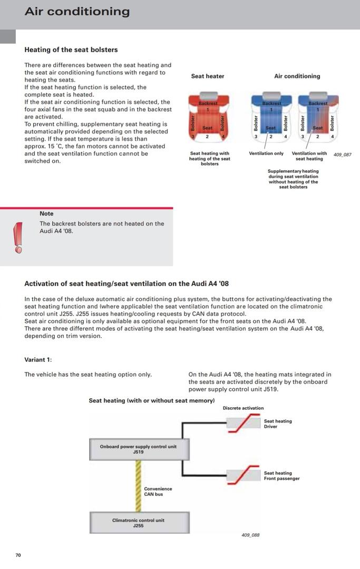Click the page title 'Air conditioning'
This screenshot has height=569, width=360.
77,12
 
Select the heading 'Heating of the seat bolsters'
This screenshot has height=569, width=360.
71,50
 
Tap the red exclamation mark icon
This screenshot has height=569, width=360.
18,237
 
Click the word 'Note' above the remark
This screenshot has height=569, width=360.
46,213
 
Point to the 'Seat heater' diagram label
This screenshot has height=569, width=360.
207,76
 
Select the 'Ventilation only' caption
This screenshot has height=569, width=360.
266,153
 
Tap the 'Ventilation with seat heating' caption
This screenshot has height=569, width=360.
309,156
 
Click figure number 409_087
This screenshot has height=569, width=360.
342,154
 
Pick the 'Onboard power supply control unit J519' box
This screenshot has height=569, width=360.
139,449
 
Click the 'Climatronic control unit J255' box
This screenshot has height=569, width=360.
138,523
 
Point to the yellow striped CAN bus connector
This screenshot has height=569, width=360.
138,485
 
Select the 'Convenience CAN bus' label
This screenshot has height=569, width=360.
158,491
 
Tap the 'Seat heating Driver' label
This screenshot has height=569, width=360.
277,424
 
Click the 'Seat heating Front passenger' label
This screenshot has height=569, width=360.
281,476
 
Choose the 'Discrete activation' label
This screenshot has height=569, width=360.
243,408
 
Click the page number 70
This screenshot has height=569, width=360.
18,555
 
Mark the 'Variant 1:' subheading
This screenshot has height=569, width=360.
38,360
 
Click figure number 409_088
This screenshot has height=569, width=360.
250,535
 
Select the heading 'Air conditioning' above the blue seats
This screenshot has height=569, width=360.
297,76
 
